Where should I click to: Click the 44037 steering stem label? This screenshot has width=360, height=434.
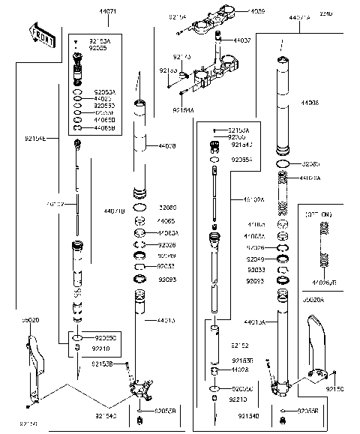tap(242, 40)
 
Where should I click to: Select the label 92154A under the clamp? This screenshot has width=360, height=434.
tap(182, 109)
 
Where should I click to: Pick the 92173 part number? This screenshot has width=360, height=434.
tap(181, 56)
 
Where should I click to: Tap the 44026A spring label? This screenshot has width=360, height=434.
tap(310, 178)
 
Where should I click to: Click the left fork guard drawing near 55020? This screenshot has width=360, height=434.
tap(32, 367)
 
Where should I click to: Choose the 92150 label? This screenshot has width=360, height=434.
tap(335, 390)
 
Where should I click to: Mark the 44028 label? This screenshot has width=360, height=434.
tap(240, 370)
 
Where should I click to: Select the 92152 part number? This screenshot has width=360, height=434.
tap(239, 346)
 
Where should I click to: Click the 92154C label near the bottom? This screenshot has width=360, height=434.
tap(106, 415)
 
